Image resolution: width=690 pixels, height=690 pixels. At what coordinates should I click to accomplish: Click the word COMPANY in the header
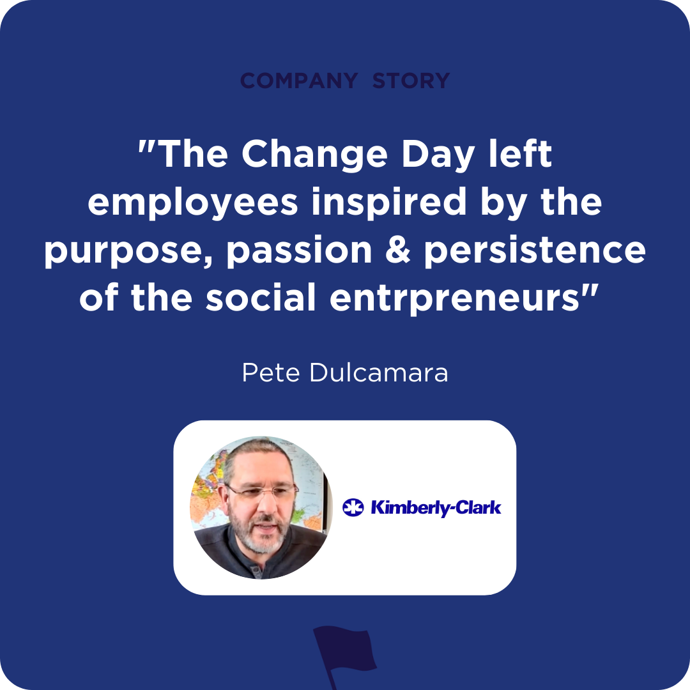click(x=299, y=81)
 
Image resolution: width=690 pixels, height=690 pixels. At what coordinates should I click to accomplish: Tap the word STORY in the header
click(x=411, y=81)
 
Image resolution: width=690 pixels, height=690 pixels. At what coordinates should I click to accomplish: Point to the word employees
click(x=192, y=203)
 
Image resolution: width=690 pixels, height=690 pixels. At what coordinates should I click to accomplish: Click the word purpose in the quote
click(x=128, y=250)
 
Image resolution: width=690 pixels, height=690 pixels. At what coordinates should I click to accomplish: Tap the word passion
click(x=299, y=250)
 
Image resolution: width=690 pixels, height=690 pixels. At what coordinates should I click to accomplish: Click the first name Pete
click(x=272, y=373)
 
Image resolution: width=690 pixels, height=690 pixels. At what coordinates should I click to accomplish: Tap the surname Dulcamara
click(x=378, y=373)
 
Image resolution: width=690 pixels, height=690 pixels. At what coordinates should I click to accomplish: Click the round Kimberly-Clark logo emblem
click(x=353, y=508)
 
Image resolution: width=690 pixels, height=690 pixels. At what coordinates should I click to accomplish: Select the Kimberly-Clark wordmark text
click(x=436, y=508)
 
